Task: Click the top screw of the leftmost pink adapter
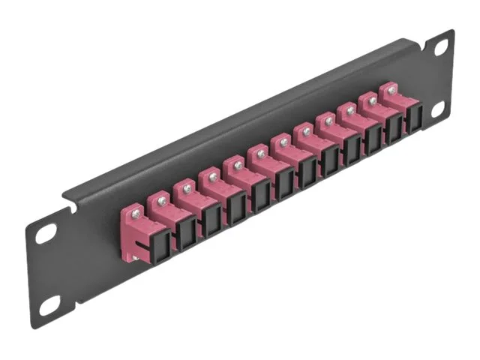pos(135,214)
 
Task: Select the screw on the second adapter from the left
pos(163,201)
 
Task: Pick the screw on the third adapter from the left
pos(187,190)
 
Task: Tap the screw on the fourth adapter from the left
pos(213,177)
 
